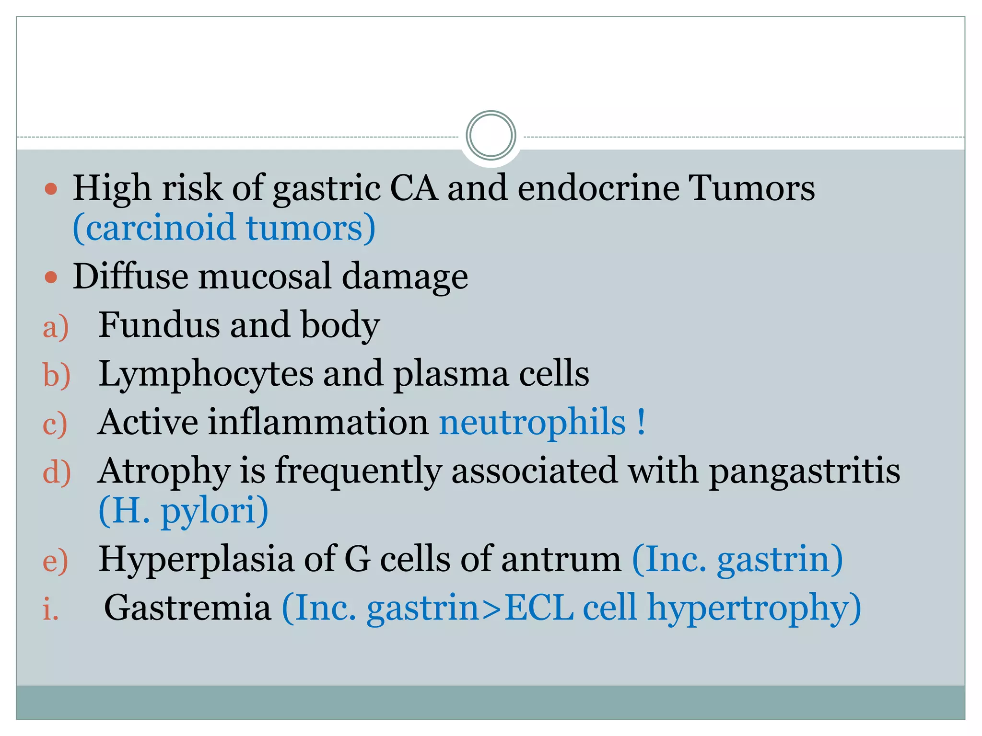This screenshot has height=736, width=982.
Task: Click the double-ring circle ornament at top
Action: click(491, 135)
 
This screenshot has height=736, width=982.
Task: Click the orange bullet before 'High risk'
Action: click(51, 188)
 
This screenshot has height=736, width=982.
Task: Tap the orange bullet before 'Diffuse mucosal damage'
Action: click(51, 277)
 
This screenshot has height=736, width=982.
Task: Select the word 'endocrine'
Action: click(598, 187)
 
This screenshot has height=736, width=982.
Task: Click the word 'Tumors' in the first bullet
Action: click(751, 187)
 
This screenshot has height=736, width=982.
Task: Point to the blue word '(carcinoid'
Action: click(154, 228)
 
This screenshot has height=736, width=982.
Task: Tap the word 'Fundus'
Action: click(159, 325)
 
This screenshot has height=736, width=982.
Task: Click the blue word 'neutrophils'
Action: click(532, 422)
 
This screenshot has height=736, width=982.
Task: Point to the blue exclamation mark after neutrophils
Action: click(641, 422)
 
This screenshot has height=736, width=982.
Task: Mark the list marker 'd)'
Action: click(57, 472)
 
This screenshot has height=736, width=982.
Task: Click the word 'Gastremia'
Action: click(187, 608)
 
